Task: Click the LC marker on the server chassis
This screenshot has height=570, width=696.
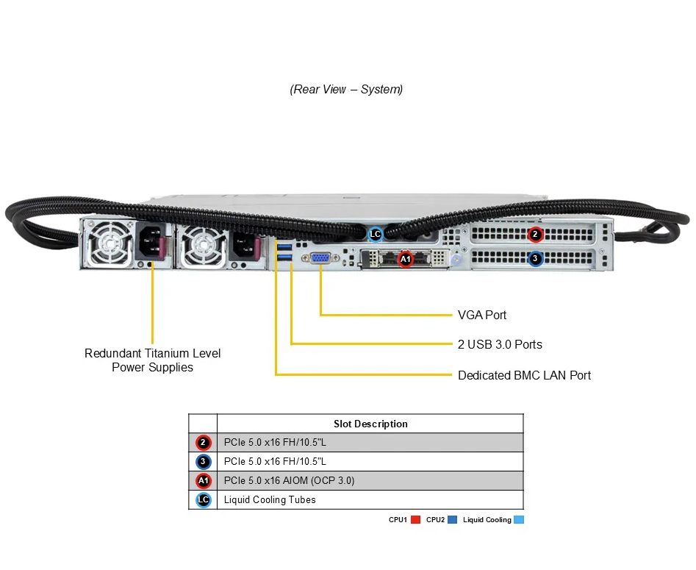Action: (376, 235)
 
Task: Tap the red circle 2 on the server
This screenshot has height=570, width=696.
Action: (535, 235)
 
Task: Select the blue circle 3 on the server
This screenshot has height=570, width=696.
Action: (535, 258)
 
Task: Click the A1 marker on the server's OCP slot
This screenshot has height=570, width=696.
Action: (406, 258)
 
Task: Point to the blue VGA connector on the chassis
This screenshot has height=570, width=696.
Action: (320, 258)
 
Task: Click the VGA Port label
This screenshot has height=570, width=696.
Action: (482, 315)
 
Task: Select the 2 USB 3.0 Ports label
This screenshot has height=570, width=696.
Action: (500, 344)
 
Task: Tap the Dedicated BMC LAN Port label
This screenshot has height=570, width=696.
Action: (524, 375)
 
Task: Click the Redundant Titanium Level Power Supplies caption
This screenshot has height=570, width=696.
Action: (152, 360)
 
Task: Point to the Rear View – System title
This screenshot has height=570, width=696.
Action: (346, 89)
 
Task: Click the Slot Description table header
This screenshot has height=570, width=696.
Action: (370, 424)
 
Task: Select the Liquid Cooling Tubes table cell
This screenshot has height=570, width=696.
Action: (270, 500)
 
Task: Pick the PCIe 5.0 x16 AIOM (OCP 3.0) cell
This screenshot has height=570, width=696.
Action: (289, 481)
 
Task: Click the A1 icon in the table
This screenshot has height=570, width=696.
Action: (204, 481)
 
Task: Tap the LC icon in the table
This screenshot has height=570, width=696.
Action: (204, 500)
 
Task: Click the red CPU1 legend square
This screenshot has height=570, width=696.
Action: (415, 520)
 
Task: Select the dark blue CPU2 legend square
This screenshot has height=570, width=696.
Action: (453, 520)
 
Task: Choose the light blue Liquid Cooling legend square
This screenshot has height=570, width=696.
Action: (519, 520)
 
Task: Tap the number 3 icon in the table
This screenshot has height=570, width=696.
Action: (204, 462)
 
